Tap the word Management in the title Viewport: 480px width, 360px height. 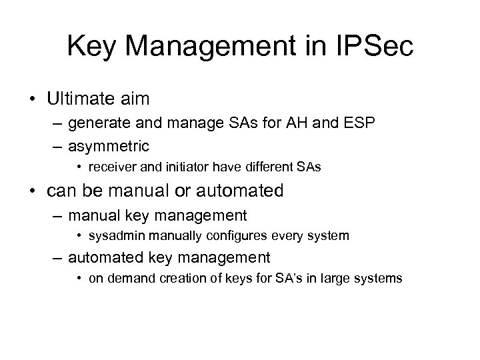(x=213, y=46)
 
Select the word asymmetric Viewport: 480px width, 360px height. (x=109, y=145)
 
